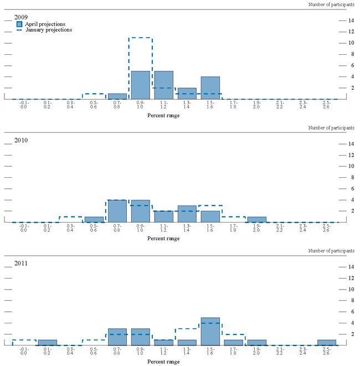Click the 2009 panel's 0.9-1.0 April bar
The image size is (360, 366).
click(x=141, y=85)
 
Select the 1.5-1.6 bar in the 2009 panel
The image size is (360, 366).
click(x=210, y=87)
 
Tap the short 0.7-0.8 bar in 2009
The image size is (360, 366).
click(x=117, y=96)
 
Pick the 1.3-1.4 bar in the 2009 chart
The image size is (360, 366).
click(x=187, y=93)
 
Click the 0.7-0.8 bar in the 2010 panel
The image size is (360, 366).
click(x=117, y=211)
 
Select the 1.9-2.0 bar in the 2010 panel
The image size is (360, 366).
click(x=256, y=219)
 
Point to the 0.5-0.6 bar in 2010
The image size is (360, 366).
click(x=94, y=219)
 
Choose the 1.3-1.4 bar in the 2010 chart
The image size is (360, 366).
click(x=187, y=214)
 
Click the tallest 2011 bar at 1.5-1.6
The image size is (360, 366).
click(x=210, y=331)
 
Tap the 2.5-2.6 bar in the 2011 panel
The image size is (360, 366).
click(x=326, y=342)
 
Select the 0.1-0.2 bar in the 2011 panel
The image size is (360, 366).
click(x=48, y=342)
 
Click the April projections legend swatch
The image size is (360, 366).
click(x=19, y=24)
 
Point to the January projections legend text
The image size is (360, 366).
click(x=49, y=30)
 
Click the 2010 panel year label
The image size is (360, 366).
click(x=22, y=140)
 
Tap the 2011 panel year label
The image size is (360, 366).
click(x=22, y=263)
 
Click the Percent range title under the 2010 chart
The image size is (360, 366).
click(x=164, y=238)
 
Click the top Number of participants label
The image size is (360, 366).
click(x=331, y=4)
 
